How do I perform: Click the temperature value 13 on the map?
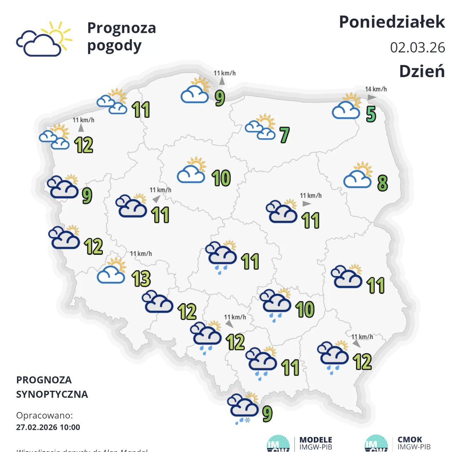coord(141,278)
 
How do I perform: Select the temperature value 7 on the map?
coord(285,135)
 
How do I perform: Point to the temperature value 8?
coord(383,183)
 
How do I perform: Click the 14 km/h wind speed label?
coord(376,89)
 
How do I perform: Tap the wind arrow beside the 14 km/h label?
coord(372,97)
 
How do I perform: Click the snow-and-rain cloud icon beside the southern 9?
coord(243,408)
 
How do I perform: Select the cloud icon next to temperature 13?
coord(112,271)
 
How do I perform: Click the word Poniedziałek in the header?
coord(392,22)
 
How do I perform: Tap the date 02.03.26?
coord(417,48)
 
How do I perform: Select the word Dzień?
coord(422,71)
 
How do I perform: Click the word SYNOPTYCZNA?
coord(52,394)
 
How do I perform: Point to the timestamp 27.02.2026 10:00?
coord(48,427)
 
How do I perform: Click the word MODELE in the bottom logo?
coord(316,440)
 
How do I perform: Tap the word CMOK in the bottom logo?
coord(410,440)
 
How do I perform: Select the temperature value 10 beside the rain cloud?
coord(305,309)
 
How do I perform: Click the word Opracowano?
coord(44,415)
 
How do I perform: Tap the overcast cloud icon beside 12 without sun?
coord(157,302)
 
